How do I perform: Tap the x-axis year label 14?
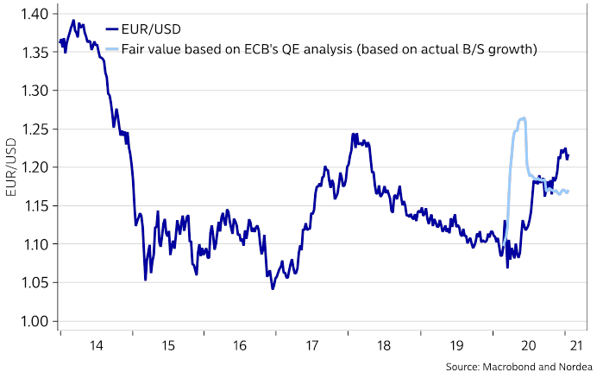coord(96,345)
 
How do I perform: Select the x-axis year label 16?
coord(239,345)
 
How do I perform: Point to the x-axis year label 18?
coord(383,345)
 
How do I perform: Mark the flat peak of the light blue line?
coord(521,119)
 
